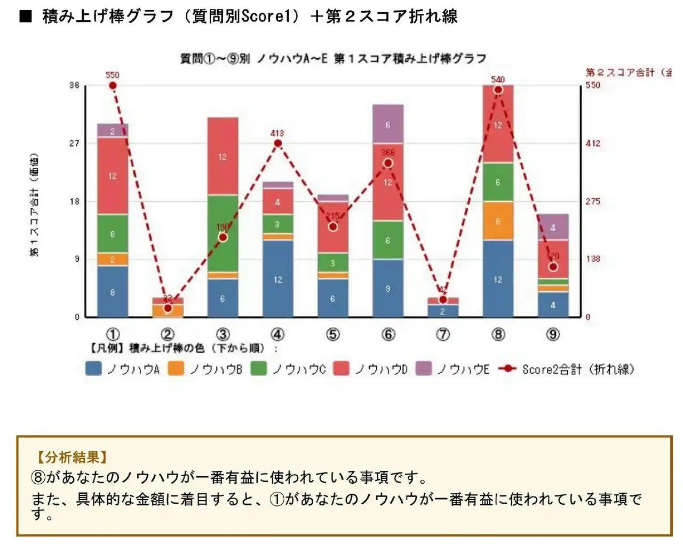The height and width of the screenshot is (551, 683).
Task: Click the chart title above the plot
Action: [x=333, y=58]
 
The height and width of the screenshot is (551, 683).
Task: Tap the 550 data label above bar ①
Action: [x=112, y=75]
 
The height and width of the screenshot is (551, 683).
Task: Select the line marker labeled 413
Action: [x=277, y=143]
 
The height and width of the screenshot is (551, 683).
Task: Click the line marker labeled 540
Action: [x=498, y=90]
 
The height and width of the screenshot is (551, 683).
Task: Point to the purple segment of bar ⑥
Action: [x=388, y=124]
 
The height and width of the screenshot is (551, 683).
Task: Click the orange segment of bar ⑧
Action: [x=498, y=221]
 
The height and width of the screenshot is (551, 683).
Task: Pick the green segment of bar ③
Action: [x=223, y=233]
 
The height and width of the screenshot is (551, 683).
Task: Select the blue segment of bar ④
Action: [x=277, y=279]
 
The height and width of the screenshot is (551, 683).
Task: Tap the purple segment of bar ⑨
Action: [x=553, y=227]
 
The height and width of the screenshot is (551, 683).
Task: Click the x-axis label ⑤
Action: [x=332, y=335]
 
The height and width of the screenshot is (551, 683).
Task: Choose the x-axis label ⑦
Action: [x=443, y=335]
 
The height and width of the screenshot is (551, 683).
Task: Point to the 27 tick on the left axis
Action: [x=74, y=143]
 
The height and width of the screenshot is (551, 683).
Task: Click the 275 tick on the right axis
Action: [x=593, y=201]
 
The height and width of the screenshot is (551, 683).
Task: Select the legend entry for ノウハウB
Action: [x=205, y=369]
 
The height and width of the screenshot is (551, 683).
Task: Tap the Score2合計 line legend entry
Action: [x=567, y=369]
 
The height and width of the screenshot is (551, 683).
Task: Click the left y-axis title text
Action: [x=34, y=206]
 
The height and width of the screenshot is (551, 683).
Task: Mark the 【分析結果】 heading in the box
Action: [x=72, y=457]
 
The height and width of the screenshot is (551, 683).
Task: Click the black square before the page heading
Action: [x=26, y=17]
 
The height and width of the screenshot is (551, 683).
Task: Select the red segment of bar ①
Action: [x=112, y=176]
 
